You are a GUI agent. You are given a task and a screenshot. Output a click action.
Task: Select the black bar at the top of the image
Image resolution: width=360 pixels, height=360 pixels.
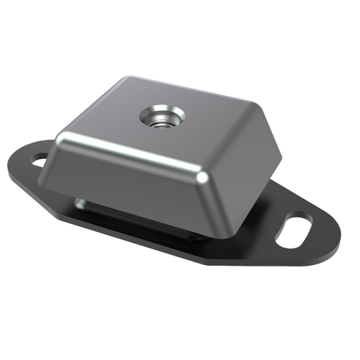pos(180,22)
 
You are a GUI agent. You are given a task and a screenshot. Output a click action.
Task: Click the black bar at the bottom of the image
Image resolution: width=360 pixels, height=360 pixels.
pos(180,338)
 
